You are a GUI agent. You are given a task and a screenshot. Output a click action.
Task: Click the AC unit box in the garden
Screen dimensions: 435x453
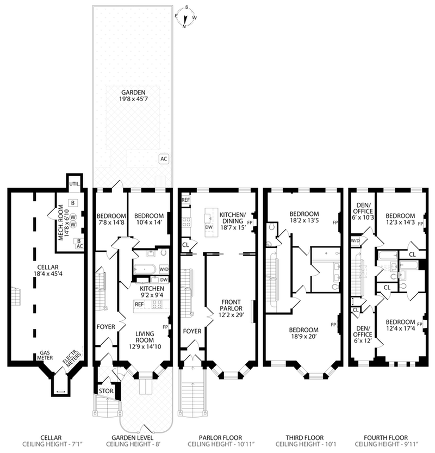(164, 159)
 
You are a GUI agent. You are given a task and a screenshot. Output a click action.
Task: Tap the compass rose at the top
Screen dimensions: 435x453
(185, 17)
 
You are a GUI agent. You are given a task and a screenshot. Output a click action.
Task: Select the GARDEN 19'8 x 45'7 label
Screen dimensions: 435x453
(133, 96)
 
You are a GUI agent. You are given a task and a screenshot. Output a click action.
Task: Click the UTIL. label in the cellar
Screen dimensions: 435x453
(74, 184)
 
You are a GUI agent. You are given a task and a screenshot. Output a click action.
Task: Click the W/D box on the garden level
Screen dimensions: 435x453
(164, 269)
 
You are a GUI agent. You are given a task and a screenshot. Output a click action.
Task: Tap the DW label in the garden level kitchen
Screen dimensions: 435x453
(164, 280)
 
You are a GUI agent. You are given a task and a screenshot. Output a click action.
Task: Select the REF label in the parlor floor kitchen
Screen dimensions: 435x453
(186, 200)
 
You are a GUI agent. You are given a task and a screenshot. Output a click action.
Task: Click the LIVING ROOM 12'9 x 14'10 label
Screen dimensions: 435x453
(145, 340)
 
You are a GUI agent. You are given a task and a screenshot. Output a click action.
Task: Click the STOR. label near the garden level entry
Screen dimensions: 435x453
(106, 391)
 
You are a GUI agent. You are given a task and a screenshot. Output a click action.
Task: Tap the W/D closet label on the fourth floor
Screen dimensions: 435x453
(355, 240)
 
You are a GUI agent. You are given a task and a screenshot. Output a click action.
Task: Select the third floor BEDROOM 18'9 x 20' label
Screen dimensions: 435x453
(303, 333)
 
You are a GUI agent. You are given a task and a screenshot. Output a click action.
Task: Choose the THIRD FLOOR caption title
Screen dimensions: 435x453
(304, 438)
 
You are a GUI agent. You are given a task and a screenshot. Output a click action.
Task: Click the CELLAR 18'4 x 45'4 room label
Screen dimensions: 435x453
(48, 270)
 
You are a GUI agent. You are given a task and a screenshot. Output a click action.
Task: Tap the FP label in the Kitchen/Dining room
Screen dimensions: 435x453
(250, 222)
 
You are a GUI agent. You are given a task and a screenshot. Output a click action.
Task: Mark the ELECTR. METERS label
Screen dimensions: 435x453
(72, 358)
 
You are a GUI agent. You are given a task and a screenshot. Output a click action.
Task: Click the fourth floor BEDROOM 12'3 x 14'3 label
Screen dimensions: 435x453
(400, 219)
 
